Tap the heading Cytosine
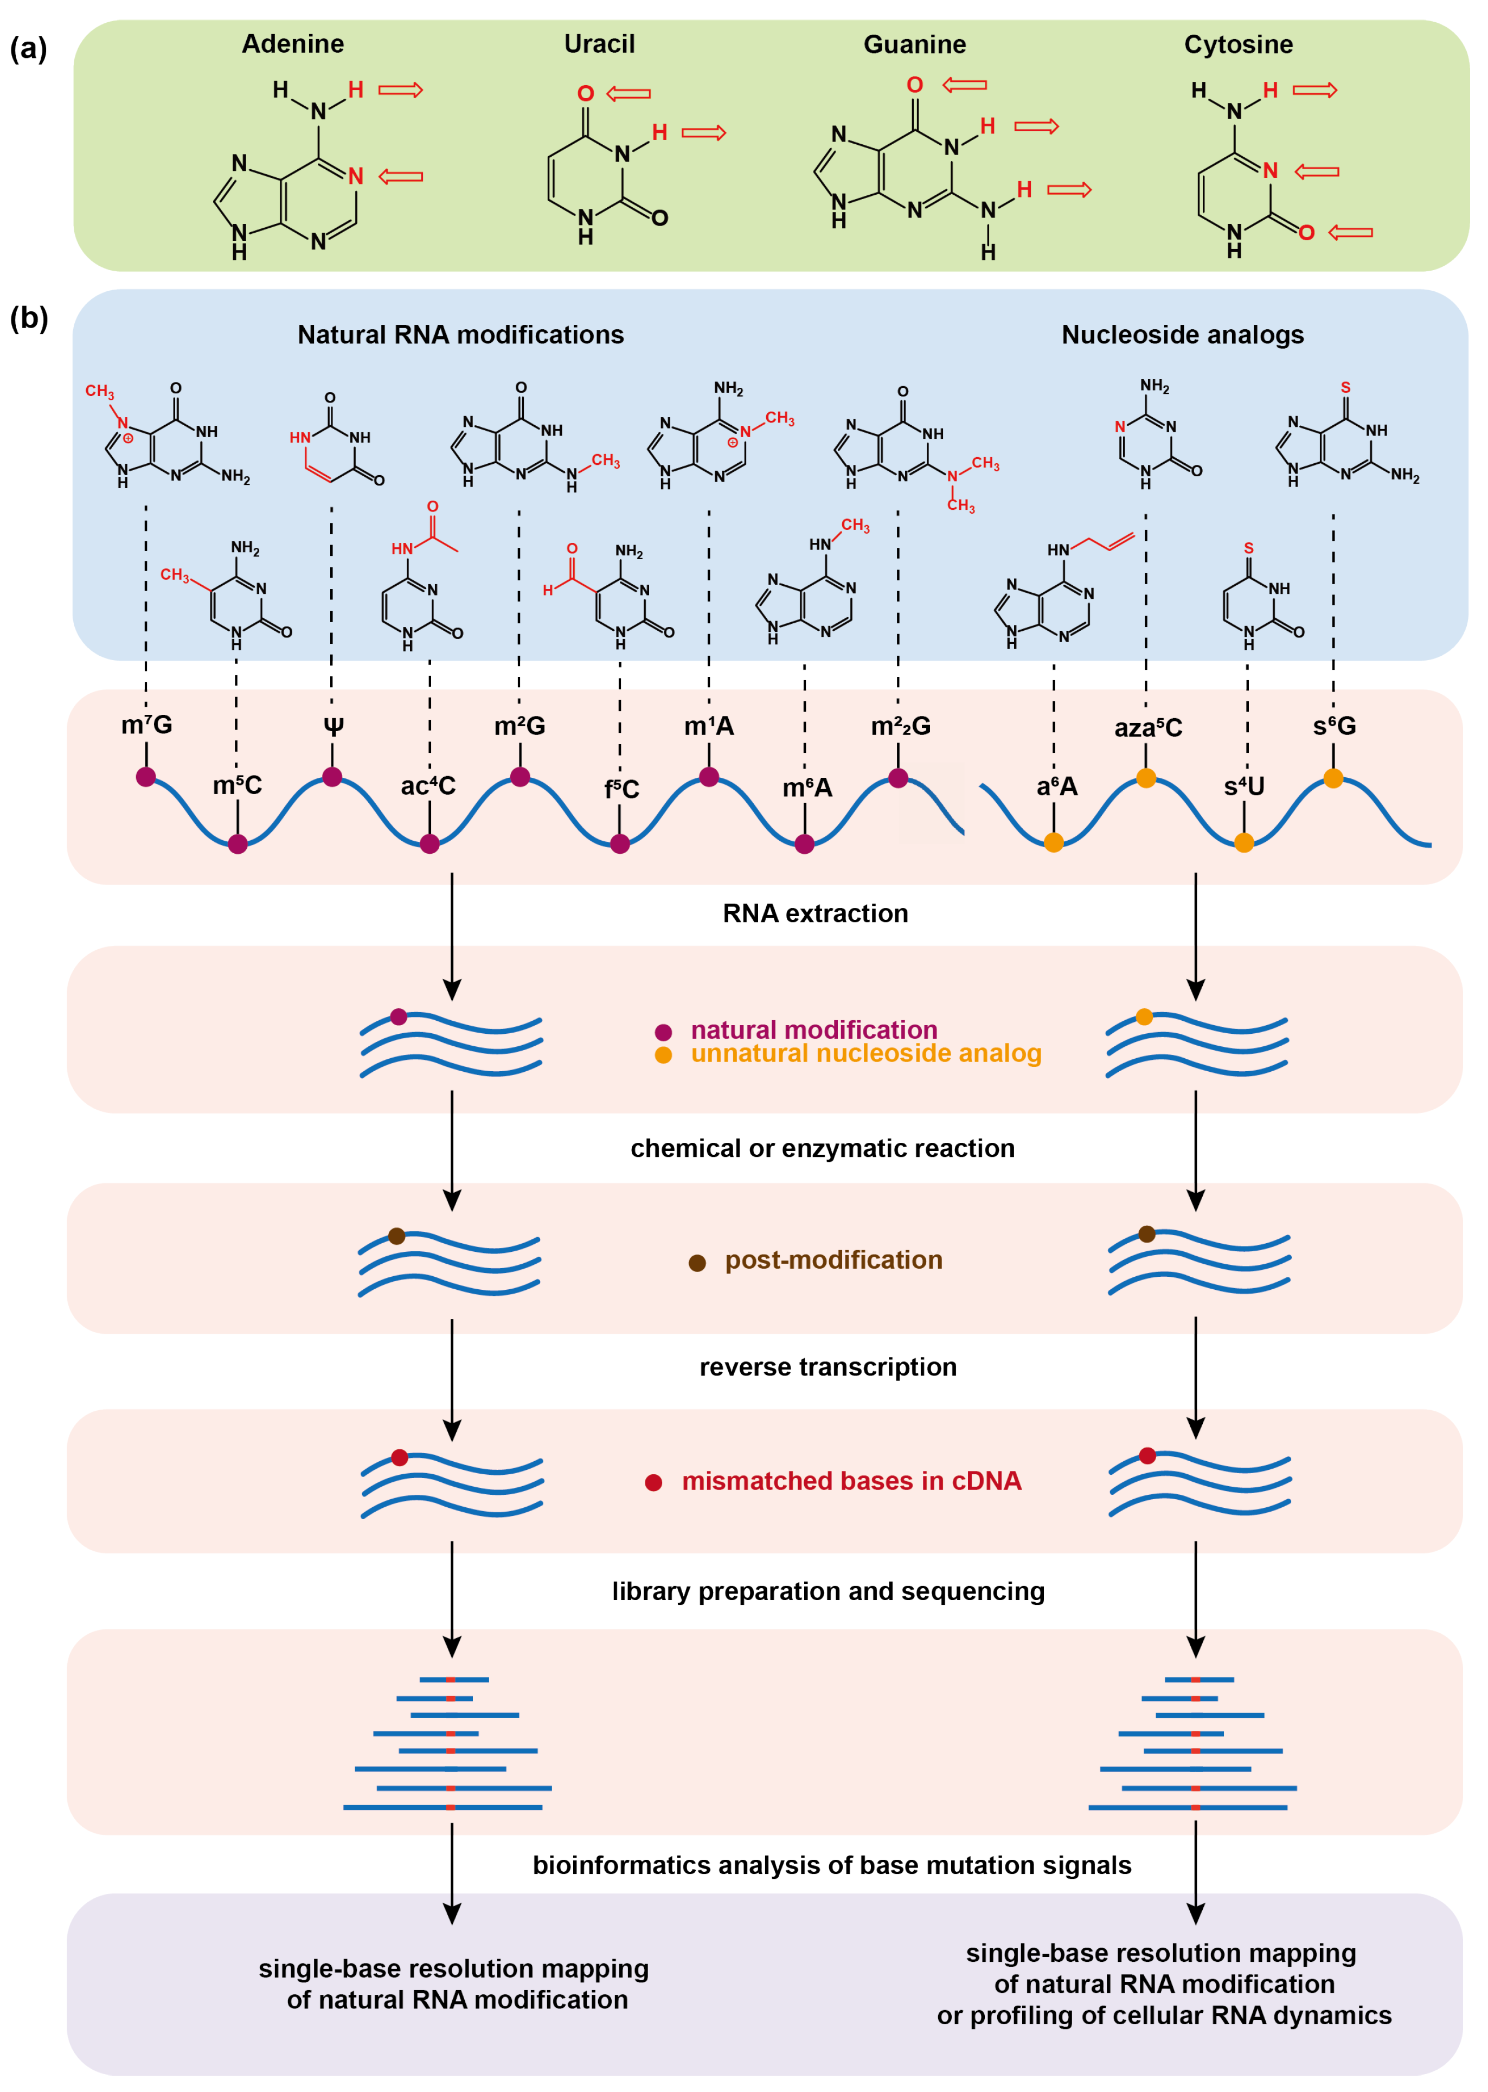tap(1238, 44)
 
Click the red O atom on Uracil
tap(586, 93)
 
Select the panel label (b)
tap(28, 318)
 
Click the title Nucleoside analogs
tap(1182, 335)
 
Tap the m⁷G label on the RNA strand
tap(146, 725)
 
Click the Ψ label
tap(333, 727)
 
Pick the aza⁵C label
tap(1148, 727)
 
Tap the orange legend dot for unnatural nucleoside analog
tap(663, 1055)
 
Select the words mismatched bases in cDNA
tap(851, 1481)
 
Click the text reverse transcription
tap(828, 1367)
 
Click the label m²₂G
tap(901, 726)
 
